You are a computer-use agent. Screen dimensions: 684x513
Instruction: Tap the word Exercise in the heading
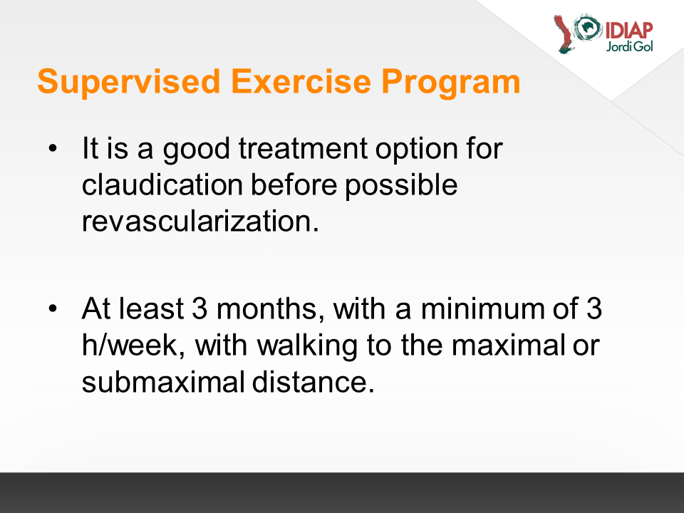(301, 81)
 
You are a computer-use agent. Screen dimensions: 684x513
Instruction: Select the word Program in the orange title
(451, 83)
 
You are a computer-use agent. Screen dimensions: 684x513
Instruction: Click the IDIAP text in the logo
(629, 31)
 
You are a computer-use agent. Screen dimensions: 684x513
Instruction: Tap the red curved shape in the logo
(564, 35)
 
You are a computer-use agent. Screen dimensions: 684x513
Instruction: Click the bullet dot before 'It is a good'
(53, 148)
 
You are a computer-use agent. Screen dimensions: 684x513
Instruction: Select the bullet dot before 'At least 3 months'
(53, 309)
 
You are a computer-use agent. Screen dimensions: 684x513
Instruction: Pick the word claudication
(162, 185)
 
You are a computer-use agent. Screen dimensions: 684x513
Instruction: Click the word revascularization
(200, 221)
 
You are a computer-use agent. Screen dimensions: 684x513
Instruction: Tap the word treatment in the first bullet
(304, 148)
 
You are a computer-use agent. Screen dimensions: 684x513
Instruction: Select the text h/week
(133, 346)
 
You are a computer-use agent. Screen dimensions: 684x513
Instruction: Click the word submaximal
(163, 382)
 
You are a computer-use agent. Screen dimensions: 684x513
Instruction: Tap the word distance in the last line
(313, 382)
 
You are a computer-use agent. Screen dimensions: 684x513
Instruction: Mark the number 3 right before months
(199, 309)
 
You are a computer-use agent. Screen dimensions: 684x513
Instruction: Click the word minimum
(482, 309)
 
